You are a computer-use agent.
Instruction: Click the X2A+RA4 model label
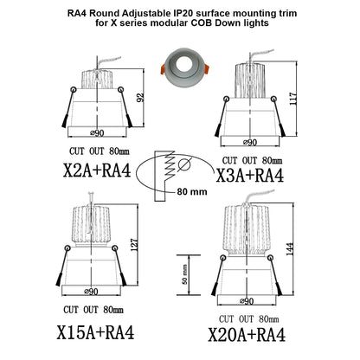(x=97, y=170)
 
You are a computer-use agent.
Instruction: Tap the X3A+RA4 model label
(x=250, y=176)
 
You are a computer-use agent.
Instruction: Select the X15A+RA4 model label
(x=95, y=332)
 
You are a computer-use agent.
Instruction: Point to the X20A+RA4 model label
(x=247, y=335)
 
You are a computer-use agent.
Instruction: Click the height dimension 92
(x=140, y=97)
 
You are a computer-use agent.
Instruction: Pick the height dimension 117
(x=293, y=99)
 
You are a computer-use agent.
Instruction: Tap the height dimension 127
(x=134, y=245)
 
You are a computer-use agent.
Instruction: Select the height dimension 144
(x=290, y=249)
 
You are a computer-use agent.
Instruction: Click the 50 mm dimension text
(x=185, y=274)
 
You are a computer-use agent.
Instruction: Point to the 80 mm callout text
(x=192, y=191)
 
